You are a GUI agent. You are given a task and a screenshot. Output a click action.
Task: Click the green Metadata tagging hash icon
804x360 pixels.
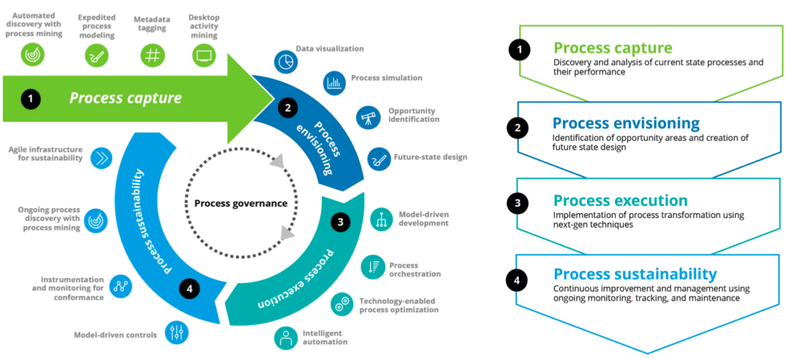click(x=153, y=55)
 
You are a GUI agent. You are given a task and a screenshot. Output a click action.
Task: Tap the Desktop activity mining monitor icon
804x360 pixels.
click(x=204, y=55)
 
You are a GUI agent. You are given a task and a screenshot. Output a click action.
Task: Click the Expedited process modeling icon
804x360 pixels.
click(x=96, y=55)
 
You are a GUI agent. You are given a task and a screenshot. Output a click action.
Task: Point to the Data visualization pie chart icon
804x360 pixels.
click(x=285, y=61)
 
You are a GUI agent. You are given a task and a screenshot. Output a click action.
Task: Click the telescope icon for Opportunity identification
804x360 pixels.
click(x=368, y=117)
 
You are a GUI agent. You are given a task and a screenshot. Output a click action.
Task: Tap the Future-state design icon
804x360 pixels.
click(x=379, y=159)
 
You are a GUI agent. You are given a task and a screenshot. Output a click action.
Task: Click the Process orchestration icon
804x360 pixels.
click(x=373, y=267)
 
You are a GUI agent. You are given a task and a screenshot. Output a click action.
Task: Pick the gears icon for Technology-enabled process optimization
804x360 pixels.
click(x=342, y=304)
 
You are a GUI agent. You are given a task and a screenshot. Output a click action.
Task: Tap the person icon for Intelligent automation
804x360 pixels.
click(x=286, y=337)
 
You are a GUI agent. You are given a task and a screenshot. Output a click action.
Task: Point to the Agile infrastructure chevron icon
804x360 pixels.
click(x=101, y=158)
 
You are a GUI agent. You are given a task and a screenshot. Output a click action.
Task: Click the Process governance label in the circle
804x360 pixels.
click(x=241, y=203)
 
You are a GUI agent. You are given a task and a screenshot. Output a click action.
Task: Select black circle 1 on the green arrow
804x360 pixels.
click(x=30, y=99)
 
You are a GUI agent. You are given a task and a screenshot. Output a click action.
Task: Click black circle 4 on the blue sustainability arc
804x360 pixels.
click(x=190, y=289)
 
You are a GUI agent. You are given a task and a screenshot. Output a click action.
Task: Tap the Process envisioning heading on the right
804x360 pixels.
click(x=626, y=123)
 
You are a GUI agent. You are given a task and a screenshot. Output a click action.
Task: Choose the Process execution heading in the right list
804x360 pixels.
click(x=620, y=200)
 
